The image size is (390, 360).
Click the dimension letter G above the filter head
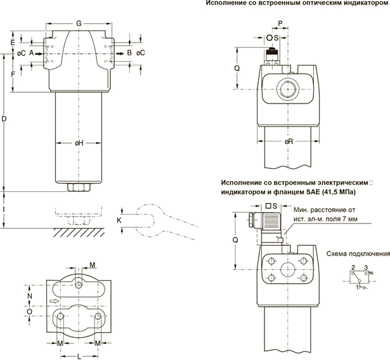pyautogui.click(x=78, y=23)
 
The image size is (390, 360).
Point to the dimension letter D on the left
pyautogui.click(x=6, y=119)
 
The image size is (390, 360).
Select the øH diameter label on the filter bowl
pyautogui.click(x=79, y=143)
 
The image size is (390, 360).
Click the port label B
pyautogui.click(x=129, y=53)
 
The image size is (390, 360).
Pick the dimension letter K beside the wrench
pyautogui.click(x=118, y=220)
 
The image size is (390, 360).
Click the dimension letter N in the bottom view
pyautogui.click(x=29, y=295)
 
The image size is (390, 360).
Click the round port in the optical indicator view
pyautogui.click(x=289, y=90)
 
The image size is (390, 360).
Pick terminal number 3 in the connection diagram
pyautogui.click(x=366, y=269)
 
